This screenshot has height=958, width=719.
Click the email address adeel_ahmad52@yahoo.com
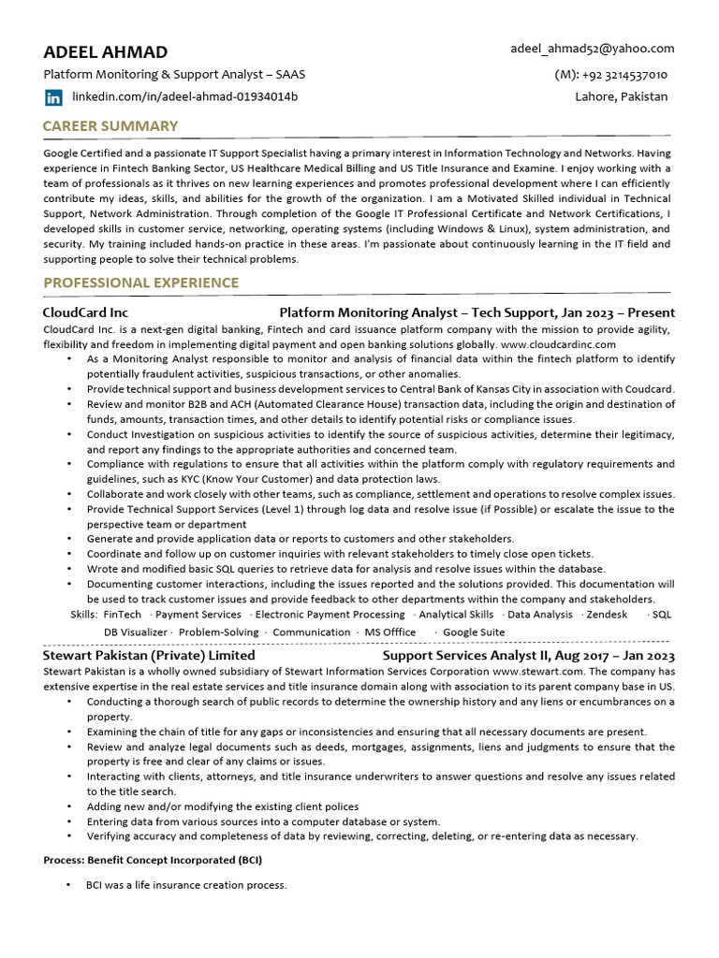592,49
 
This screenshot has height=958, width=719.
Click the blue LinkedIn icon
53,97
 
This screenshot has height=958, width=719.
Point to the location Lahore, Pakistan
622,97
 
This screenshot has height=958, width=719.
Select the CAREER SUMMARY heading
110,126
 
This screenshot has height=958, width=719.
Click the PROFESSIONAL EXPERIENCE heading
140,283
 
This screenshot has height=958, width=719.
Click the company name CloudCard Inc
85,312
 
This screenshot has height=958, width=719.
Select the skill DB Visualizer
136,632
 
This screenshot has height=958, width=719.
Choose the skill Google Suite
474,632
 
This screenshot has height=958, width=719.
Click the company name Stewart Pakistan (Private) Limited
149,656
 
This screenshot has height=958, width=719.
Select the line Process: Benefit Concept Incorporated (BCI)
153,860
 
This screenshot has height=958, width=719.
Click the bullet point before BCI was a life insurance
68,885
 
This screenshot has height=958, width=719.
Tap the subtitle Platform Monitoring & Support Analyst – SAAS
174,75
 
